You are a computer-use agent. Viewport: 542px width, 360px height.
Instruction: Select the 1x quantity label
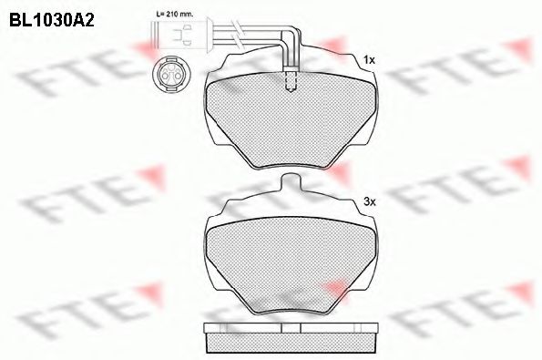coord(369,60)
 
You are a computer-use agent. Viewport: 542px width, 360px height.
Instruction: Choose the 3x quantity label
coord(369,201)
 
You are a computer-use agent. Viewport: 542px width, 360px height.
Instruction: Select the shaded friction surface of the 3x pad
coord(290,269)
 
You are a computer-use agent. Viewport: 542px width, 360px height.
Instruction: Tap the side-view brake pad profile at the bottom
coord(290,338)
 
